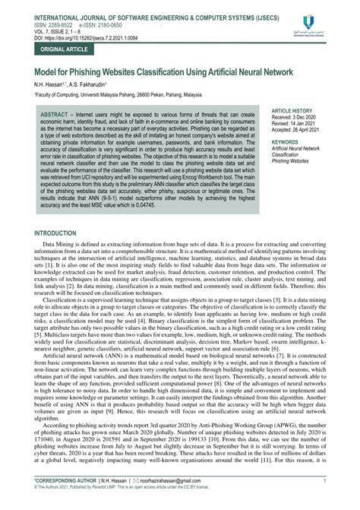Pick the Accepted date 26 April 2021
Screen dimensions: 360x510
302,129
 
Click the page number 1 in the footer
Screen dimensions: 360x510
324,492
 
